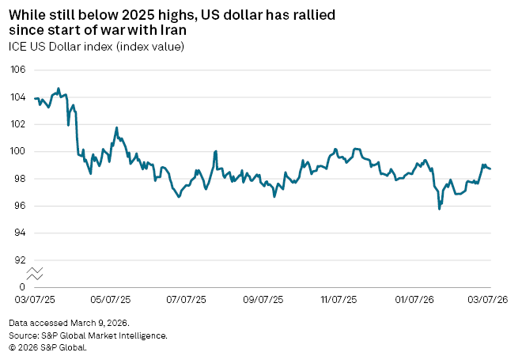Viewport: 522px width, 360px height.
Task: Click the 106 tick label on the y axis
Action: (17, 70)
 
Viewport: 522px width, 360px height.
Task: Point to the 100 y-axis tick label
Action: (17, 152)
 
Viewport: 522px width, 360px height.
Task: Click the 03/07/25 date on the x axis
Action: (35, 301)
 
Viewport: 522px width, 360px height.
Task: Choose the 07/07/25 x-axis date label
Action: (187, 301)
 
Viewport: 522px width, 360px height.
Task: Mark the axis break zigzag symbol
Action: (35, 274)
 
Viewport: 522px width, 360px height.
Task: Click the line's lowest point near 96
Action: (439, 209)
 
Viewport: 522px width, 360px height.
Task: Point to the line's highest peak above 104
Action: (59, 89)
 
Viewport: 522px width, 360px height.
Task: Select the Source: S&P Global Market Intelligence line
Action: (89, 335)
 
